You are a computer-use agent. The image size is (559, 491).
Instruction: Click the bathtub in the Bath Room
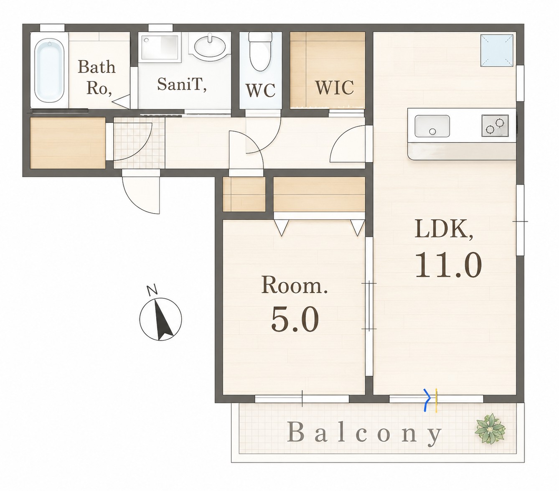50,70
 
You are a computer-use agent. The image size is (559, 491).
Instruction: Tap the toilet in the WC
260,52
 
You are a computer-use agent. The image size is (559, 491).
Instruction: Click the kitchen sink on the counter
432,126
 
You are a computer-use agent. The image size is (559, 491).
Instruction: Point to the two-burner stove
495,126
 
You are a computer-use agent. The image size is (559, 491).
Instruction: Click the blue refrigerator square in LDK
497,51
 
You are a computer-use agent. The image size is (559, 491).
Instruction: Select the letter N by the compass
152,290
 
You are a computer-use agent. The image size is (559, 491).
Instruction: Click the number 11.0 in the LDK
448,265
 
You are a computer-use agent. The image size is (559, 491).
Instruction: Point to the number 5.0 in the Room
295,320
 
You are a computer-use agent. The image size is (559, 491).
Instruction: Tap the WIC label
334,87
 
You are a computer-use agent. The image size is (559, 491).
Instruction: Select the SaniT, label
182,84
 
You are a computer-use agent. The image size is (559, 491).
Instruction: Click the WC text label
260,90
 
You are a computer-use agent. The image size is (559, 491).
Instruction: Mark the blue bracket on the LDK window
427,400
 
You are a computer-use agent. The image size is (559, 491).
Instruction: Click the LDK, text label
444,229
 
